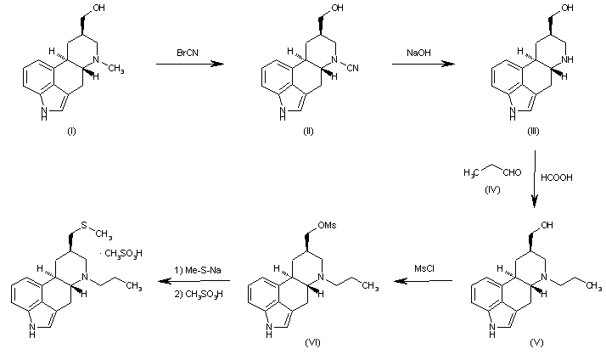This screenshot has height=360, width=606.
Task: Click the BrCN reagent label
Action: coord(188,53)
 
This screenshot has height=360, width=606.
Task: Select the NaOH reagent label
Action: coord(418,53)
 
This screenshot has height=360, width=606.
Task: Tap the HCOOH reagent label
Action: coord(557,177)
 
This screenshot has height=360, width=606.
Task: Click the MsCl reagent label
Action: coord(424,268)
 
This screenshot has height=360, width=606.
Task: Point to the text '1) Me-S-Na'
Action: coord(198,270)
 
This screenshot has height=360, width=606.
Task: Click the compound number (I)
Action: coord(72,131)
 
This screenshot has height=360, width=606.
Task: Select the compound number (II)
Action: coord(308,131)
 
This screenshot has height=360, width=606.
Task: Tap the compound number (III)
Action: coord(533,131)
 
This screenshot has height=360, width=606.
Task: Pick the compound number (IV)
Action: coord(492,189)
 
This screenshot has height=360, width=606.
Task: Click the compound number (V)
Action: coord(536,342)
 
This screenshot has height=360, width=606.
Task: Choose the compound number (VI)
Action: coord(312,342)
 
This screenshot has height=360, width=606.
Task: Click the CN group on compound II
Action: coord(353,68)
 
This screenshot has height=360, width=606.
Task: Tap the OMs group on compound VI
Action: coord(327,225)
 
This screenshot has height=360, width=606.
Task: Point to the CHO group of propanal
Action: coord(512,172)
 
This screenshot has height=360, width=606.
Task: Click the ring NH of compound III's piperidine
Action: coord(568,59)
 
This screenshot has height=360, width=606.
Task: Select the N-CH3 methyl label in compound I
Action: coord(116,70)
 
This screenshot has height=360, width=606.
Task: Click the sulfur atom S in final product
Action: coord(84,225)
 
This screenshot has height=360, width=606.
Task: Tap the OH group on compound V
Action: coord(547,225)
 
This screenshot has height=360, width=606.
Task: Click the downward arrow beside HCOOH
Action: coord(535,179)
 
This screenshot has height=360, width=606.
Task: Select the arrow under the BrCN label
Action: coord(190,64)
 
